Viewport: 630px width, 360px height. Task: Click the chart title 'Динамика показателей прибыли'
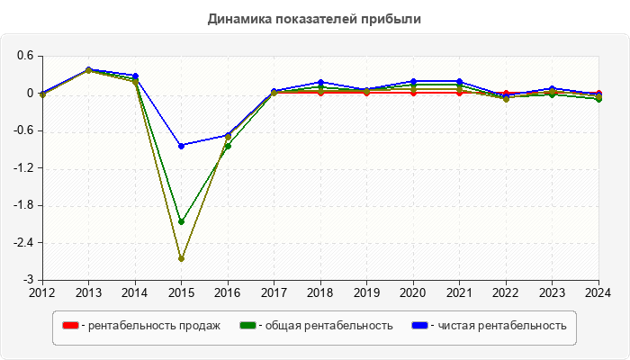[314, 18]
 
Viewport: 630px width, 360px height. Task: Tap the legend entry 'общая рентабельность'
[325, 325]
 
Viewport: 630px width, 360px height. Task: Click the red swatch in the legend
[70, 325]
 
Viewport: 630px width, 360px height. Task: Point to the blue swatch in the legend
[419, 325]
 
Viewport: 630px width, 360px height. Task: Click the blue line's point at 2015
[181, 146]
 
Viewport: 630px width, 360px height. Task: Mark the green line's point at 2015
[181, 221]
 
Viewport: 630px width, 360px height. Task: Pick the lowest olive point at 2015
[181, 259]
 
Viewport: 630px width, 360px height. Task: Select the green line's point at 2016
[228, 146]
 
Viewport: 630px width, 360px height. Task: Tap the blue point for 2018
[320, 82]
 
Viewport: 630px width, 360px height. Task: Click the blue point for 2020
[413, 81]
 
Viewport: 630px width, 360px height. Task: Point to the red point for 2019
[366, 93]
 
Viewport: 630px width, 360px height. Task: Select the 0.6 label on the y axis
[24, 56]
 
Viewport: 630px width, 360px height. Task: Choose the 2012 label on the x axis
[42, 292]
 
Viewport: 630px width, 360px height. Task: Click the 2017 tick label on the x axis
[274, 292]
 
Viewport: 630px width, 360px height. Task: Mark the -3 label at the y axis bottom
[29, 280]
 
